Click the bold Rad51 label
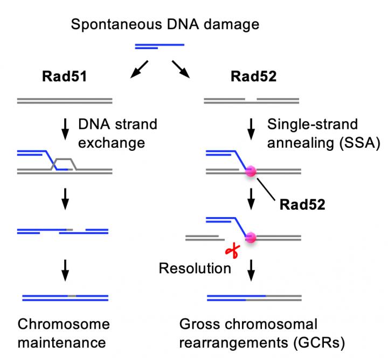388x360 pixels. click(x=65, y=77)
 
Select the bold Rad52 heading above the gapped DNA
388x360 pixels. click(x=253, y=77)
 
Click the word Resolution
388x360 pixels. click(x=195, y=268)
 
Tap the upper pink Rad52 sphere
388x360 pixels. click(x=251, y=172)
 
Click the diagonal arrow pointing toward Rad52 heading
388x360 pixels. click(x=182, y=69)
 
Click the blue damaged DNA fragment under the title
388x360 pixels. click(x=159, y=46)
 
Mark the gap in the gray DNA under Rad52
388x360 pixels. click(x=251, y=99)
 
